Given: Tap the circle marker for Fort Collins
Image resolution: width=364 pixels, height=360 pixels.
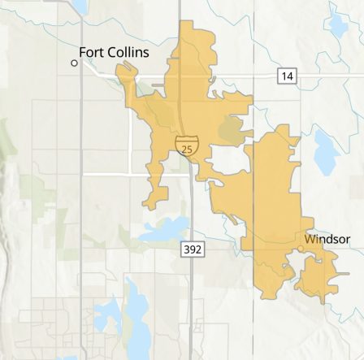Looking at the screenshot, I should pos(74,63).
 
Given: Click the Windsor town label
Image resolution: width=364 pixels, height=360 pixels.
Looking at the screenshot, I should pos(327,239).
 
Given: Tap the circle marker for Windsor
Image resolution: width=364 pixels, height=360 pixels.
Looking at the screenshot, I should pos(301,249).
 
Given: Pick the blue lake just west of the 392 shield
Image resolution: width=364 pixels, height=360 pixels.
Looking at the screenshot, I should pos(158,232).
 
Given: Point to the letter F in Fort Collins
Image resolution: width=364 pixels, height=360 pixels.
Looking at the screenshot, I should pos(83,51).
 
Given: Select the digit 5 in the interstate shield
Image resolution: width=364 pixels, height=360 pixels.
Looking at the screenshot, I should pos(188,149).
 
